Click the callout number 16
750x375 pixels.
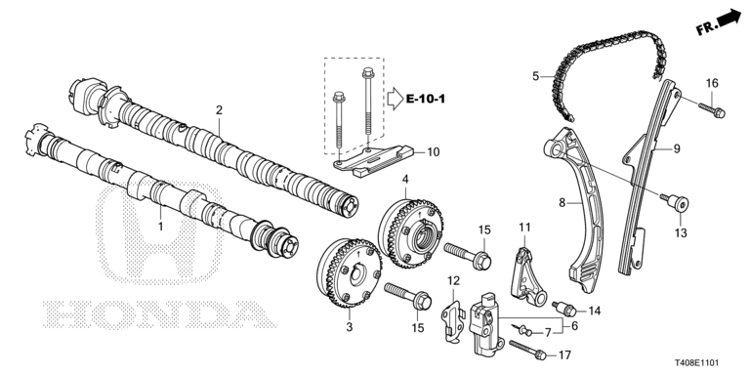point(712,83)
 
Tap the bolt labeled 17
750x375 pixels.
point(528,350)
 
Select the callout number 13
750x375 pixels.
point(681,233)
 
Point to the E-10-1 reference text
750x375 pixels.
point(426,100)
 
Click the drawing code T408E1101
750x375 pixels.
point(697,363)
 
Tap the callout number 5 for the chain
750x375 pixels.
point(536,75)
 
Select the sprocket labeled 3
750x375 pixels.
point(349,272)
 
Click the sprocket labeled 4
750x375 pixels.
point(410,234)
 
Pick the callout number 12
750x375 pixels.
point(453,279)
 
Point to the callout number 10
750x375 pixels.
point(433,152)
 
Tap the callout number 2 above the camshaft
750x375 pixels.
point(219,110)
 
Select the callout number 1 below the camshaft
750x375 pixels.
point(161,226)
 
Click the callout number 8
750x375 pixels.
point(562,203)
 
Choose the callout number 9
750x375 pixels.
point(677,148)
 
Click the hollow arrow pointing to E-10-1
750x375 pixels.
point(396,99)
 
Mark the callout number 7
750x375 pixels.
point(548,332)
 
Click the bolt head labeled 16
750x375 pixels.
point(720,113)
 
